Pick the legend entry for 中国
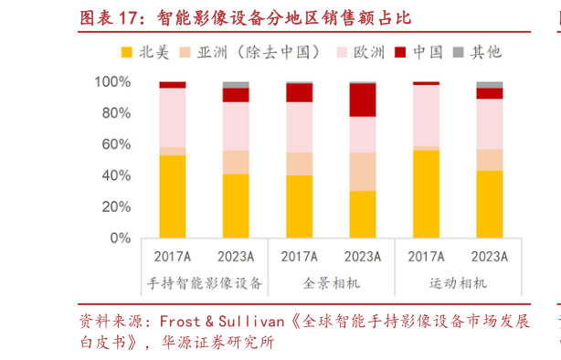tap(428, 52)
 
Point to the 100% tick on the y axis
tap(112, 82)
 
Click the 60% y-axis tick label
tap(116, 144)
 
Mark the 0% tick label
tap(121, 238)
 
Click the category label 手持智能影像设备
tap(204, 283)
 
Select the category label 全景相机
tap(332, 283)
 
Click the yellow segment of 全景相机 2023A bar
tap(363, 215)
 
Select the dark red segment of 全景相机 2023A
tap(363, 100)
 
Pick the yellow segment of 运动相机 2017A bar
tap(426, 194)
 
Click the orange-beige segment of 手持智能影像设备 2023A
tap(236, 162)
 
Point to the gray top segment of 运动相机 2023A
tap(490, 85)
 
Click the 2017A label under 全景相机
tap(300, 257)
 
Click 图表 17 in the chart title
tap(111, 17)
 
